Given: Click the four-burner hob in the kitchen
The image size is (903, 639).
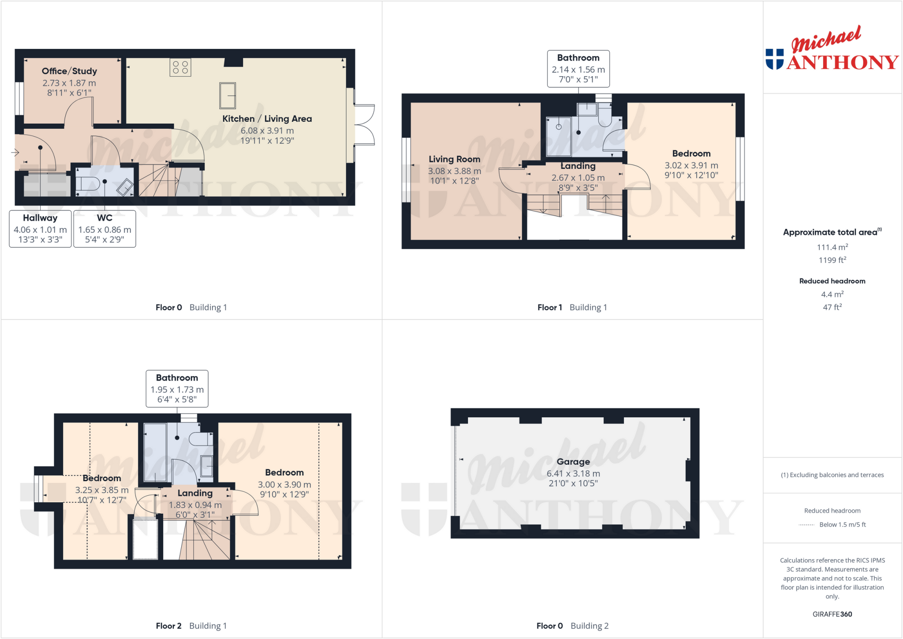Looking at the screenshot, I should click(x=180, y=67).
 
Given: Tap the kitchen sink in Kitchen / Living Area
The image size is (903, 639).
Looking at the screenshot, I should click(x=228, y=96).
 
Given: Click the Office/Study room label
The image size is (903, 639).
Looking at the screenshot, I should click(x=69, y=71).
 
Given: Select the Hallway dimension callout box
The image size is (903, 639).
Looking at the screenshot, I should click(x=40, y=229).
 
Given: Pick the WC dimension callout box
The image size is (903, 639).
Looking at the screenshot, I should click(x=104, y=229).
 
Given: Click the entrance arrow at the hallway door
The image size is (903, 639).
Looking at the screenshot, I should click(x=15, y=153).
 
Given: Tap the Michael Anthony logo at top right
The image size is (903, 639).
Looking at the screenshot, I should click(x=832, y=49).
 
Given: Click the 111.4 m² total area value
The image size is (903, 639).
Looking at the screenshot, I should click(x=832, y=247).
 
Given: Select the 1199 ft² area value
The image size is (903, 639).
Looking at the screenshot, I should click(x=832, y=260).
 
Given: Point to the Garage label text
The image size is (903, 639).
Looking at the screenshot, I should click(x=573, y=462).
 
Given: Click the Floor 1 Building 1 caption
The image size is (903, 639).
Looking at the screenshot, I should click(x=572, y=307).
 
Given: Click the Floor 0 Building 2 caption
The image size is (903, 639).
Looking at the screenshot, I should click(x=572, y=626).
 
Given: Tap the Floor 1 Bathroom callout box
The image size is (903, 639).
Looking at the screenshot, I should click(x=578, y=69).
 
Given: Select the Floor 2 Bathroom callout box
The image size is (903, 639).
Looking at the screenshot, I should click(x=177, y=389).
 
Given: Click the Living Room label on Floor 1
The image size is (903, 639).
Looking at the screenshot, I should click(x=454, y=159).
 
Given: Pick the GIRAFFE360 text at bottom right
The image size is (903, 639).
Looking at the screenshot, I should click(x=832, y=614).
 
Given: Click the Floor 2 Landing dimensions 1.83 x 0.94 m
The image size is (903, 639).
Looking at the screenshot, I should click(x=195, y=505).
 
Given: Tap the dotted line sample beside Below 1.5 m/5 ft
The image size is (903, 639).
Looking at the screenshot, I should click(x=806, y=525).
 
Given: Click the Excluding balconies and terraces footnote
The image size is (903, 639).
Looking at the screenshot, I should click(x=832, y=475).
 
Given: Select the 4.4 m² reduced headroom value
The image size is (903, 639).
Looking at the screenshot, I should click(x=832, y=294).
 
